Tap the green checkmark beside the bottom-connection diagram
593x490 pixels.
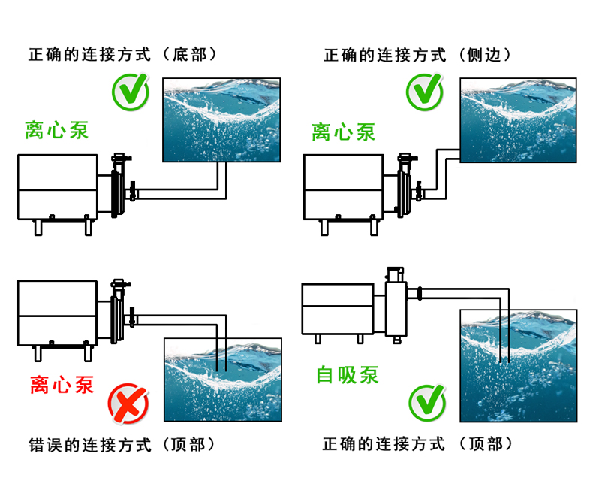point(131,92)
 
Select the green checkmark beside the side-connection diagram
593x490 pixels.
point(425,92)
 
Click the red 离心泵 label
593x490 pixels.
point(62,385)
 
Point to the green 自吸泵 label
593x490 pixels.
point(348,374)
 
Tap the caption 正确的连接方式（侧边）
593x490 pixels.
point(417,55)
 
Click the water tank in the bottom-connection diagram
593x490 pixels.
point(222,119)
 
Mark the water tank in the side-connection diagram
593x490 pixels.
point(518,119)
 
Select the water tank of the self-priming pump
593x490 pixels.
point(518,365)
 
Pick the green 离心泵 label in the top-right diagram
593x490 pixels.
point(343,133)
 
